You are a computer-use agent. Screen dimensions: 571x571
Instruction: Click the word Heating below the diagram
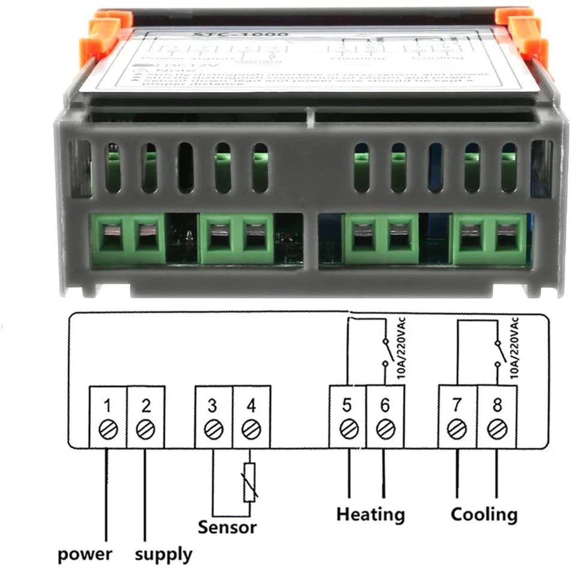click(370, 515)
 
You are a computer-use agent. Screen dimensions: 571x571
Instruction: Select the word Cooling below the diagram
click(484, 515)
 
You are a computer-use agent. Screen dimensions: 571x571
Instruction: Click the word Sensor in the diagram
click(227, 528)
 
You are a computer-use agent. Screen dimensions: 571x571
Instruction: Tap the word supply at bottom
click(163, 554)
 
